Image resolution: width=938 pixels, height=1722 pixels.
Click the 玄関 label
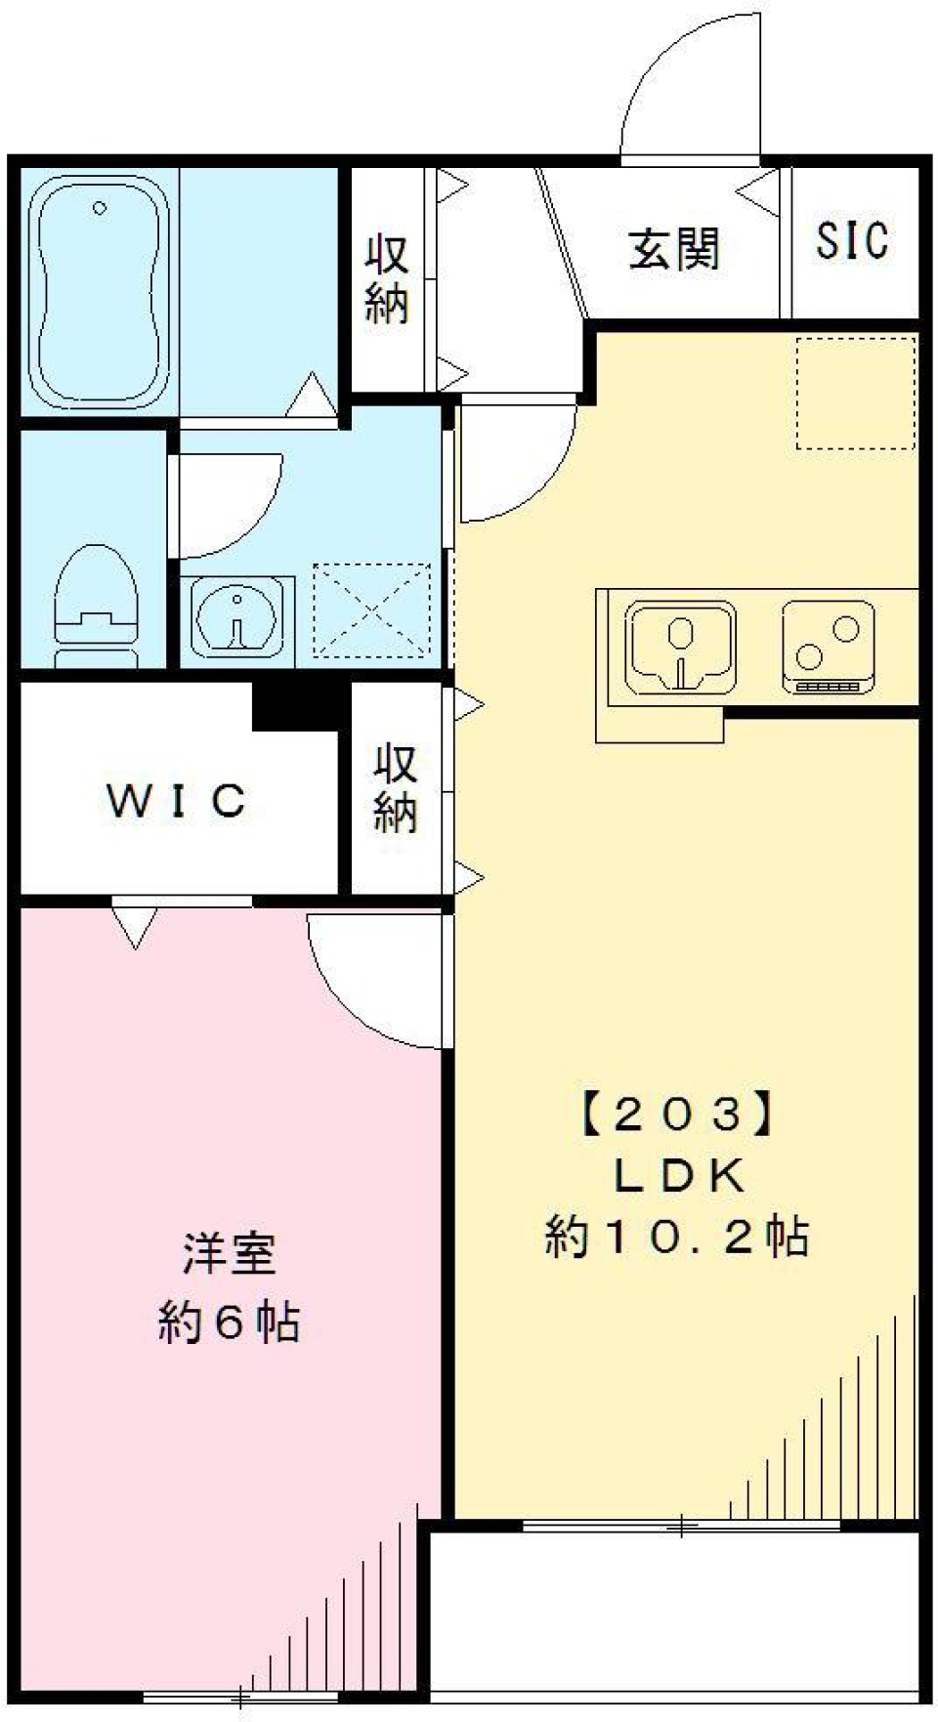(673, 249)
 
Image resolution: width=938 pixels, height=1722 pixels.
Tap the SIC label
(852, 241)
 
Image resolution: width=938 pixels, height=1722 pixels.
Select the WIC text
(176, 801)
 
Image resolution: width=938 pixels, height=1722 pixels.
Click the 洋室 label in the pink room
(229, 1254)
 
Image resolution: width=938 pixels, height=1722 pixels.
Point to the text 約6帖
(229, 1323)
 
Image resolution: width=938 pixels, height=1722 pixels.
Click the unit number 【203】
(677, 1114)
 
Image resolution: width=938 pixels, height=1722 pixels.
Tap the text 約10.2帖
(677, 1238)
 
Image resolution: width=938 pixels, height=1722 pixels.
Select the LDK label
(677, 1176)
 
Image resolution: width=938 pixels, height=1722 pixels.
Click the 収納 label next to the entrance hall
(387, 279)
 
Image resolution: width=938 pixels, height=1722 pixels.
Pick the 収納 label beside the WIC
(395, 789)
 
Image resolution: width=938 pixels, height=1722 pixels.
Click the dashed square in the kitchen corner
(855, 393)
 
